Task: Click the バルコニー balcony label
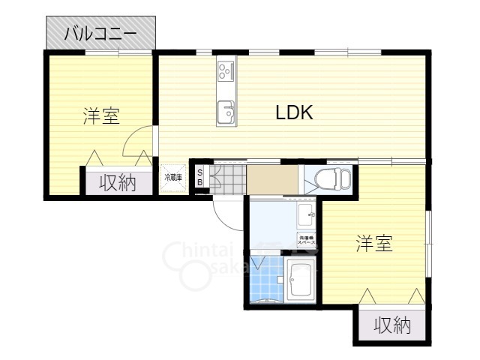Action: coord(100,33)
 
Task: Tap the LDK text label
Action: coord(294,112)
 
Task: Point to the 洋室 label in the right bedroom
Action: coord(374,244)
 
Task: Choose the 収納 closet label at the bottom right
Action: coord(392,325)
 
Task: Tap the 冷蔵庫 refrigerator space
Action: coord(173,178)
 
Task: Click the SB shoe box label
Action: coord(199,178)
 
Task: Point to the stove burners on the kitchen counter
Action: coord(226,71)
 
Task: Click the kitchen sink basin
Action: coord(226,114)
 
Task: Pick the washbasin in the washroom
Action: coord(307,215)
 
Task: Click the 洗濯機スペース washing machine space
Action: coord(306,241)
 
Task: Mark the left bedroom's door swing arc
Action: coord(136,141)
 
